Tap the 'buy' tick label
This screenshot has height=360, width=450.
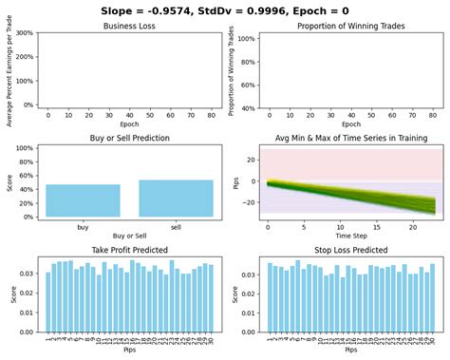(83, 227)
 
